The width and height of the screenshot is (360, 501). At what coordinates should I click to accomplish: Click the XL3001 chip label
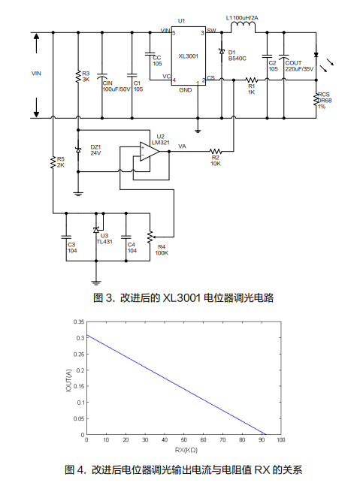189,56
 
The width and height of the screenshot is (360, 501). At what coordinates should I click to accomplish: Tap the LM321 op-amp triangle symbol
150,152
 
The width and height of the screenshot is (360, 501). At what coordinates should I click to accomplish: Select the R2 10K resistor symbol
216,151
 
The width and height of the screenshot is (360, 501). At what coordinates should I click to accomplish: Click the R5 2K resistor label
61,162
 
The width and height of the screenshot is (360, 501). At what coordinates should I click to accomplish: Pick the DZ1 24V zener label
95,150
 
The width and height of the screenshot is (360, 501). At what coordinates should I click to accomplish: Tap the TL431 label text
104,242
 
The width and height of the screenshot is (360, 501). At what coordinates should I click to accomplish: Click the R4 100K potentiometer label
162,250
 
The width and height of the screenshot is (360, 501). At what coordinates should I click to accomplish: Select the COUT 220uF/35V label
299,66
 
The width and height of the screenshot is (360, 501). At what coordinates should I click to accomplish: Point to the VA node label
182,146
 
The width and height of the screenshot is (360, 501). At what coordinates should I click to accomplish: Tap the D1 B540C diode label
237,56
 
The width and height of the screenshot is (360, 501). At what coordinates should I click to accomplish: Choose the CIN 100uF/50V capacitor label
116,86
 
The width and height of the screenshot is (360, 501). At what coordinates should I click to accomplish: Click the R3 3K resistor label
86,77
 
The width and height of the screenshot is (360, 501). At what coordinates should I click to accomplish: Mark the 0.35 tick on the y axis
79,321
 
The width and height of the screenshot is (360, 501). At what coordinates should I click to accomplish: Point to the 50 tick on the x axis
184,440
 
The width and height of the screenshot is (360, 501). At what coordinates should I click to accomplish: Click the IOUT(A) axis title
68,381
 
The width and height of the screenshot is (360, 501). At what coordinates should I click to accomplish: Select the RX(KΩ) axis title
186,450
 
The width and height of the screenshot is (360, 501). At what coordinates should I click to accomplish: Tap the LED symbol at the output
316,55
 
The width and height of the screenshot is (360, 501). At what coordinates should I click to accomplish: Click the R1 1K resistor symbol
251,80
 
